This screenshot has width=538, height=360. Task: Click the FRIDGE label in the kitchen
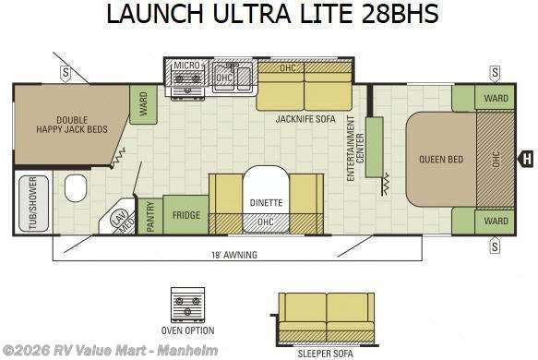pyautogui.click(x=186, y=215)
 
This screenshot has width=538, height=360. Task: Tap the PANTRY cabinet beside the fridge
pyautogui.click(x=149, y=216)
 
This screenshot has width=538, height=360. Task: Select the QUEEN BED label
pyautogui.click(x=441, y=160)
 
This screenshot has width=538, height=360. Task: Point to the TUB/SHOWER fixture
pyautogui.click(x=33, y=203)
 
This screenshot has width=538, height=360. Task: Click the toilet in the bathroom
pyautogui.click(x=76, y=188)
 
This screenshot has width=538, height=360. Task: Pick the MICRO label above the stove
pyautogui.click(x=186, y=66)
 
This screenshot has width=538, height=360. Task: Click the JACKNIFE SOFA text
pyautogui.click(x=305, y=119)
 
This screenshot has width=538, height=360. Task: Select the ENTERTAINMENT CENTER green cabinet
pyautogui.click(x=374, y=147)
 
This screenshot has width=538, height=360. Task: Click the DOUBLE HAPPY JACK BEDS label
pyautogui.click(x=72, y=125)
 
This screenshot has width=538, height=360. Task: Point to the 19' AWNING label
pyautogui.click(x=234, y=255)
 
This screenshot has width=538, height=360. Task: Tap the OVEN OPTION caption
pyautogui.click(x=187, y=330)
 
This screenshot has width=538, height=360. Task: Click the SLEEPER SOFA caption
pyautogui.click(x=325, y=354)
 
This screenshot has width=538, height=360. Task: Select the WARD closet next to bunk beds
pyautogui.click(x=143, y=104)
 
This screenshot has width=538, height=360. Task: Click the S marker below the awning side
pyautogui.click(x=495, y=246)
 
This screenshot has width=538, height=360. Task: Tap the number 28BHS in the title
pyautogui.click(x=401, y=14)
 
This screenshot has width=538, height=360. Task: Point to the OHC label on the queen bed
pyautogui.click(x=496, y=160)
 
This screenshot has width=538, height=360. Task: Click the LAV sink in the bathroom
pyautogui.click(x=116, y=217)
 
